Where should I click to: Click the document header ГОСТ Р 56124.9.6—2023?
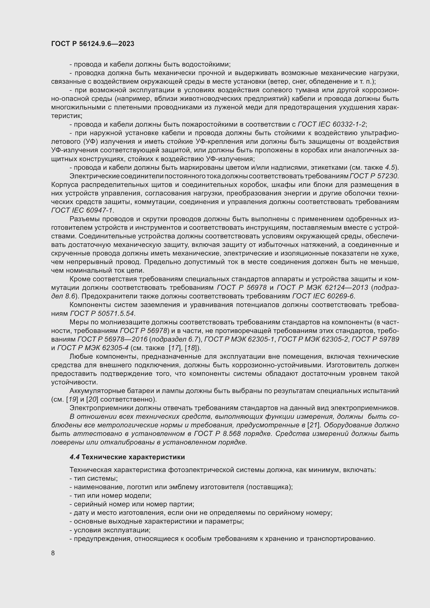tap(93, 44)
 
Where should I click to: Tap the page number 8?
tap(53, 553)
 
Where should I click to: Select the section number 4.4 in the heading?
tap(75, 457)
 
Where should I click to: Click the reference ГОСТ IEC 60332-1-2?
tap(332, 124)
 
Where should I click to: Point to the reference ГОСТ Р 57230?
tap(374, 176)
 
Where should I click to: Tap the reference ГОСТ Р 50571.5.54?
tap(102, 313)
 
